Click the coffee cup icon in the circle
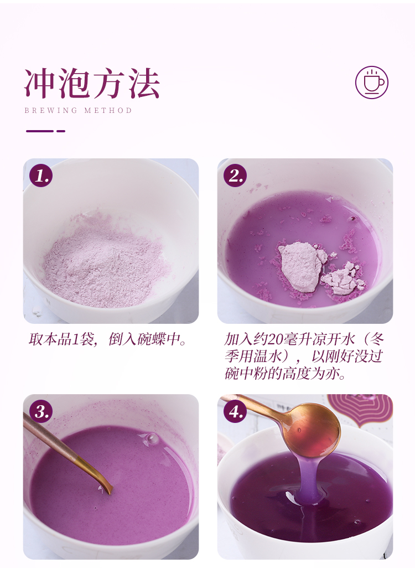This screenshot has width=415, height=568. tap(371, 82)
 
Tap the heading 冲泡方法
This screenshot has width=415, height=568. tap(92, 84)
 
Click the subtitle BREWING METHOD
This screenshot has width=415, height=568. tap(78, 110)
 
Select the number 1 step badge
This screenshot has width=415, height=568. tap(41, 175)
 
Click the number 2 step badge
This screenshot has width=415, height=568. tap(235, 175)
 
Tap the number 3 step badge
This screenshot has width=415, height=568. tap(41, 411)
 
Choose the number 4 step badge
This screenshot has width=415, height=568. tap(235, 411)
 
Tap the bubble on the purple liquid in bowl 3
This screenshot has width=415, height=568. tap(152, 438)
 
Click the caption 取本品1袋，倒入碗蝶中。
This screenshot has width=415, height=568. tap(107, 339)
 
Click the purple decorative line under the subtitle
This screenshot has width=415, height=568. tap(45, 131)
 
